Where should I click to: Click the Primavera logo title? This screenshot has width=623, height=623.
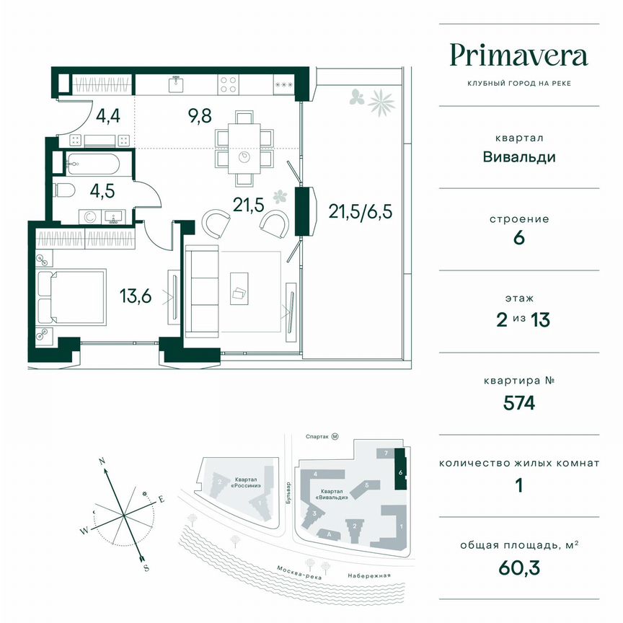518,55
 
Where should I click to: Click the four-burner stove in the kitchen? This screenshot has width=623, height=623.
229,85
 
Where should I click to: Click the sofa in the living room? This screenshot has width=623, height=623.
203,291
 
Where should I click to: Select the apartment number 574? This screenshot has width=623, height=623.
518,403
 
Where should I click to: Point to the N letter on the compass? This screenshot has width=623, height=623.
102,461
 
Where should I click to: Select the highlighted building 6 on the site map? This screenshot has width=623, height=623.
400,472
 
